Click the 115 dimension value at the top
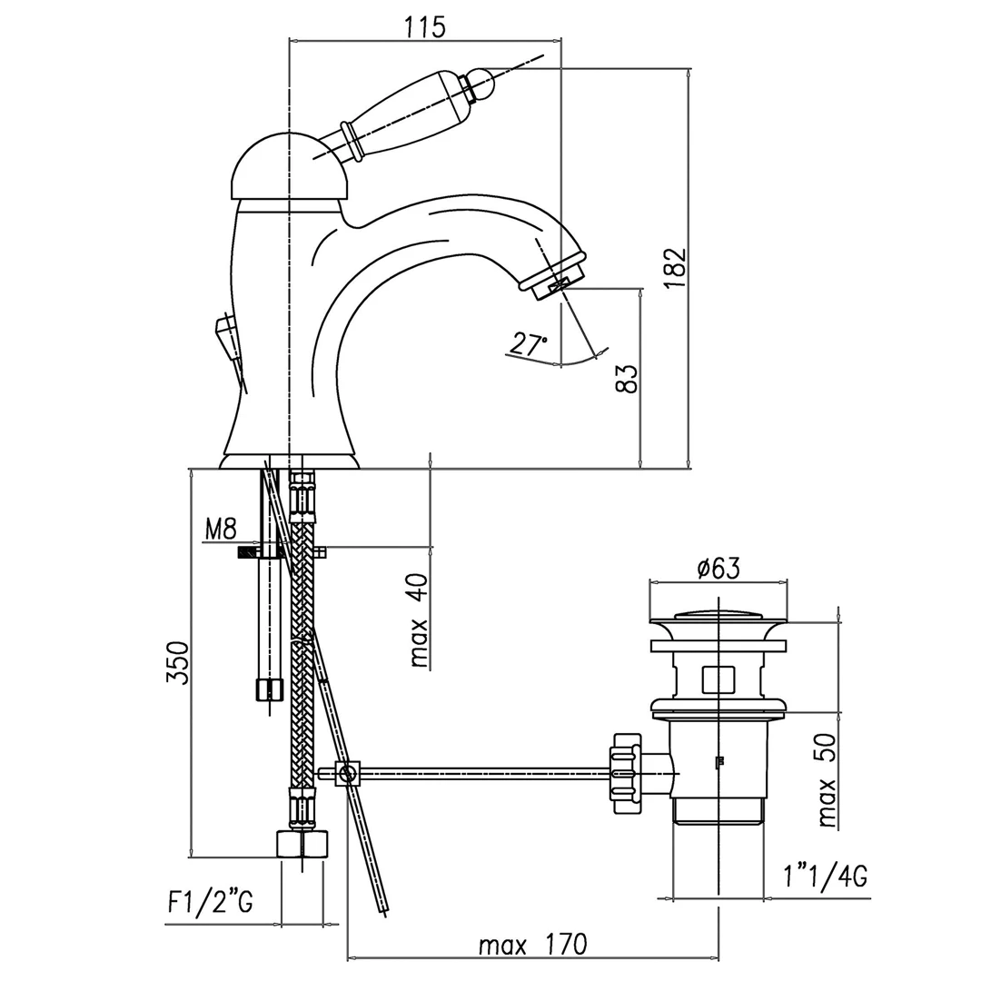[x=424, y=27]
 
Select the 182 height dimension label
[x=674, y=268]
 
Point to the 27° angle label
[x=529, y=344]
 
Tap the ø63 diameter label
[x=718, y=569]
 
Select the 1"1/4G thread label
[x=824, y=877]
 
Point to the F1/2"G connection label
[x=210, y=902]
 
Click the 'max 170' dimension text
[x=533, y=945]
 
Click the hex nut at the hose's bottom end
[x=302, y=844]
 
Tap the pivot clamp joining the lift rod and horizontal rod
[x=346, y=774]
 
